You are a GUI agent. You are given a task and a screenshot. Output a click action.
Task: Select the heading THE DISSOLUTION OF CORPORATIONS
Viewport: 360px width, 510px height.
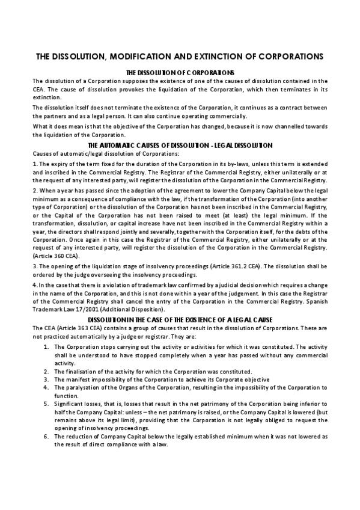(180, 72)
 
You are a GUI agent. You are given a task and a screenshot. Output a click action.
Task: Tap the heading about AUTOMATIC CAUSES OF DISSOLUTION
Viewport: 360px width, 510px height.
(180, 146)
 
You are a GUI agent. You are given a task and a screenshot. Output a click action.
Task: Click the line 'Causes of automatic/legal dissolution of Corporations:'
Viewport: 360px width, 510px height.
(95, 154)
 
